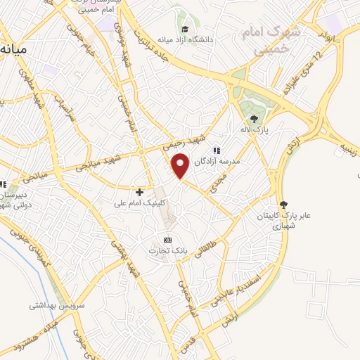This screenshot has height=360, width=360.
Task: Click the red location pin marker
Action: click(181, 166)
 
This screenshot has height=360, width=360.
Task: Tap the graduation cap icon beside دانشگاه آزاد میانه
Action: click(184, 29)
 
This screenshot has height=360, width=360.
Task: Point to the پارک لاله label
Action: click(254, 130)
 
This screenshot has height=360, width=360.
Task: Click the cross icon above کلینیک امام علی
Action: click(139, 191)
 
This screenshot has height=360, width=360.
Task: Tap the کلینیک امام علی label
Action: click(140, 203)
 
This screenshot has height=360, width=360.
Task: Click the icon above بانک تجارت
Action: click(167, 240)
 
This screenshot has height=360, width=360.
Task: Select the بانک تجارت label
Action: click(167, 251)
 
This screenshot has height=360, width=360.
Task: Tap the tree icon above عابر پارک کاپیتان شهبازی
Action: click(283, 205)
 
